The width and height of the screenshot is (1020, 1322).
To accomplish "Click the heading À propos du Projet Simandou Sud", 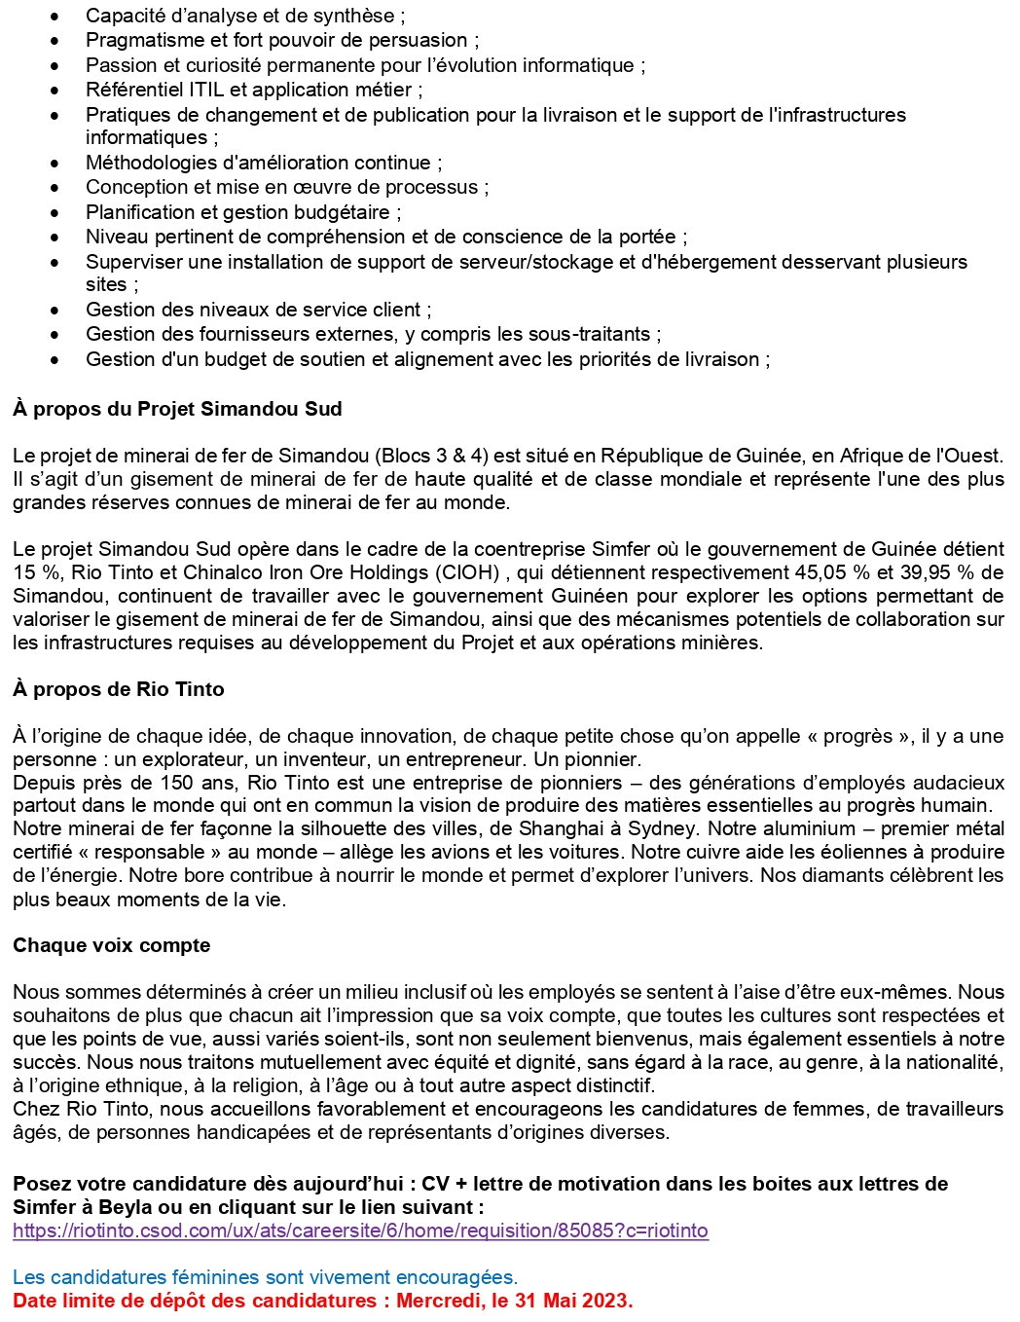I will point(177,409).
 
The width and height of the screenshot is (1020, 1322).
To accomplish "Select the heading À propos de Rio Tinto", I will point(118,689).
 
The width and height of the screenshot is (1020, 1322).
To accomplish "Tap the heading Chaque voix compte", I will point(111,945).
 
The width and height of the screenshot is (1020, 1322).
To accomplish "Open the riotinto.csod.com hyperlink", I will point(360,1230).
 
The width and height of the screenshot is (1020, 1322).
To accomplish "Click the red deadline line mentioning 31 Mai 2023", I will point(322,1301).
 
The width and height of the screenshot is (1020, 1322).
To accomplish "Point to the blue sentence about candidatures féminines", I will point(265,1277).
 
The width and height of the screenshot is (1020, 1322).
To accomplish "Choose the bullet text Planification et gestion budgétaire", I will point(242,212).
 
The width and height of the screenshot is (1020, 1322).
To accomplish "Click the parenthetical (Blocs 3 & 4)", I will point(455,456).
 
